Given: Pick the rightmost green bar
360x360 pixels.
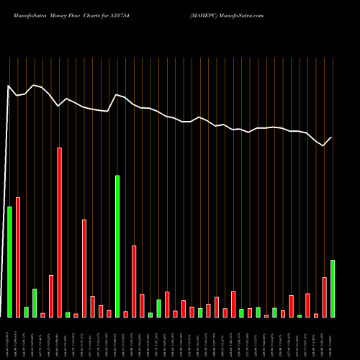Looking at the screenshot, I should [333, 288].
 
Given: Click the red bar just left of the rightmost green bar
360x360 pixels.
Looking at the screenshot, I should [324, 297].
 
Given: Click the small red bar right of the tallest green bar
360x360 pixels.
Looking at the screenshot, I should [126, 314].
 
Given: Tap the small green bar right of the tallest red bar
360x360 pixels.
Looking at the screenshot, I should [68, 315].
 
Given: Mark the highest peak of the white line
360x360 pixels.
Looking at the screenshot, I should [9, 86].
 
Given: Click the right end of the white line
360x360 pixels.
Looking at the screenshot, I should [332, 137].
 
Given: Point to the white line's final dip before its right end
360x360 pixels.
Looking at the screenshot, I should [324, 145].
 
